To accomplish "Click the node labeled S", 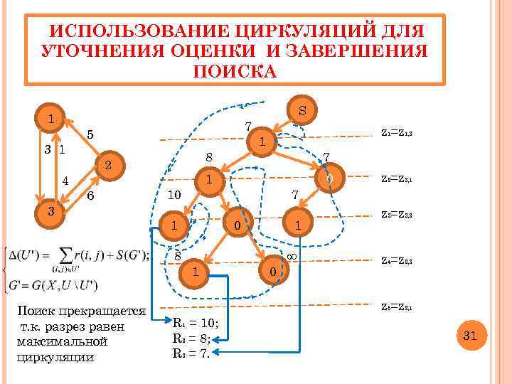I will coord(303,111).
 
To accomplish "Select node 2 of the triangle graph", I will coord(107,166).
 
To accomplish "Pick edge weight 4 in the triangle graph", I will coord(65,181).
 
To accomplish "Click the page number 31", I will coord(469,335).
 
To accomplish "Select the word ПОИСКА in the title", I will coord(234,72).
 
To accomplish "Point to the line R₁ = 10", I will coord(196,323).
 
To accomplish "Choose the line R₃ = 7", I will coord(191,351).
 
